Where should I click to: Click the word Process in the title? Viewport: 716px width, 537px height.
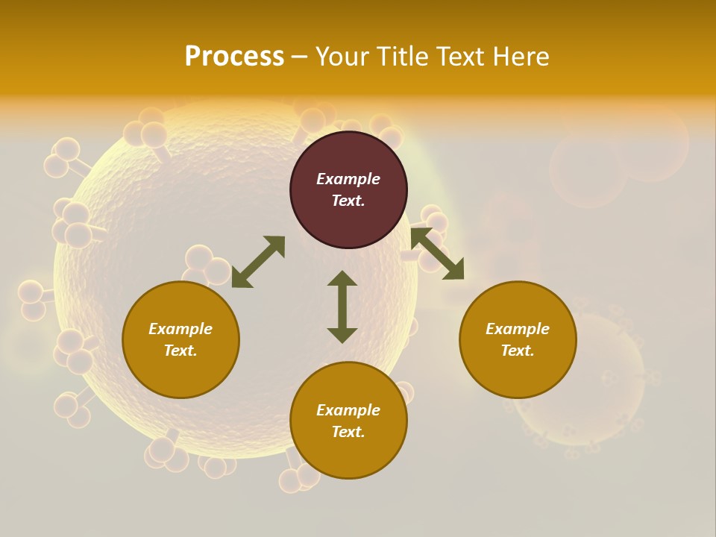pyautogui.click(x=234, y=57)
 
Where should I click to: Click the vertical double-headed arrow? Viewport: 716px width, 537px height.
pyautogui.click(x=342, y=307)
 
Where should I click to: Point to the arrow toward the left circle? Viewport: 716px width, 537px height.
pyautogui.click(x=258, y=262)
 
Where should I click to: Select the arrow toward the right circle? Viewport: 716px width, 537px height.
pyautogui.click(x=438, y=254)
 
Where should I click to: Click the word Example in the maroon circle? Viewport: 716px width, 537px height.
pyautogui.click(x=348, y=179)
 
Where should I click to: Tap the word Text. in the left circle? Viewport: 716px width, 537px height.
pyautogui.click(x=180, y=351)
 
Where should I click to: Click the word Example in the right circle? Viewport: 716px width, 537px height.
pyautogui.click(x=518, y=329)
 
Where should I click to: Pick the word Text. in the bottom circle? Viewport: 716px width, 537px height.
pyautogui.click(x=348, y=432)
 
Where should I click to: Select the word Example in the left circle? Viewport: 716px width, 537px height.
pyautogui.click(x=180, y=329)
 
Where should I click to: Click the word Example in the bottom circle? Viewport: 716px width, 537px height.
pyautogui.click(x=348, y=410)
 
